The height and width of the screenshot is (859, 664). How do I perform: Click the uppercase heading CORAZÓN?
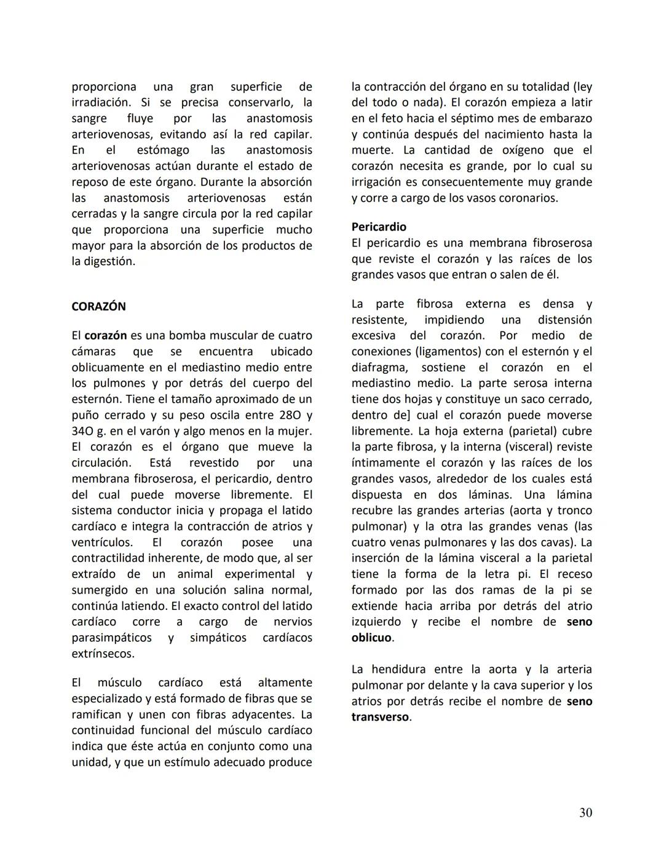tap(98, 306)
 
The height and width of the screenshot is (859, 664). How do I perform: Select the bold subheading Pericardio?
tap(379, 227)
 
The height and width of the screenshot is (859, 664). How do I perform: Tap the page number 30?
tap(585, 813)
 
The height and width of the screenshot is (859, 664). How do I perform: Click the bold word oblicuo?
tap(371, 638)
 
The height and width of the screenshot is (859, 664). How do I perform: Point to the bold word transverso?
tap(380, 717)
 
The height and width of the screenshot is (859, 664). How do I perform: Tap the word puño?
tap(85, 415)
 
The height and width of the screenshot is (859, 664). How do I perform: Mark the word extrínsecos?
tap(102, 654)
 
